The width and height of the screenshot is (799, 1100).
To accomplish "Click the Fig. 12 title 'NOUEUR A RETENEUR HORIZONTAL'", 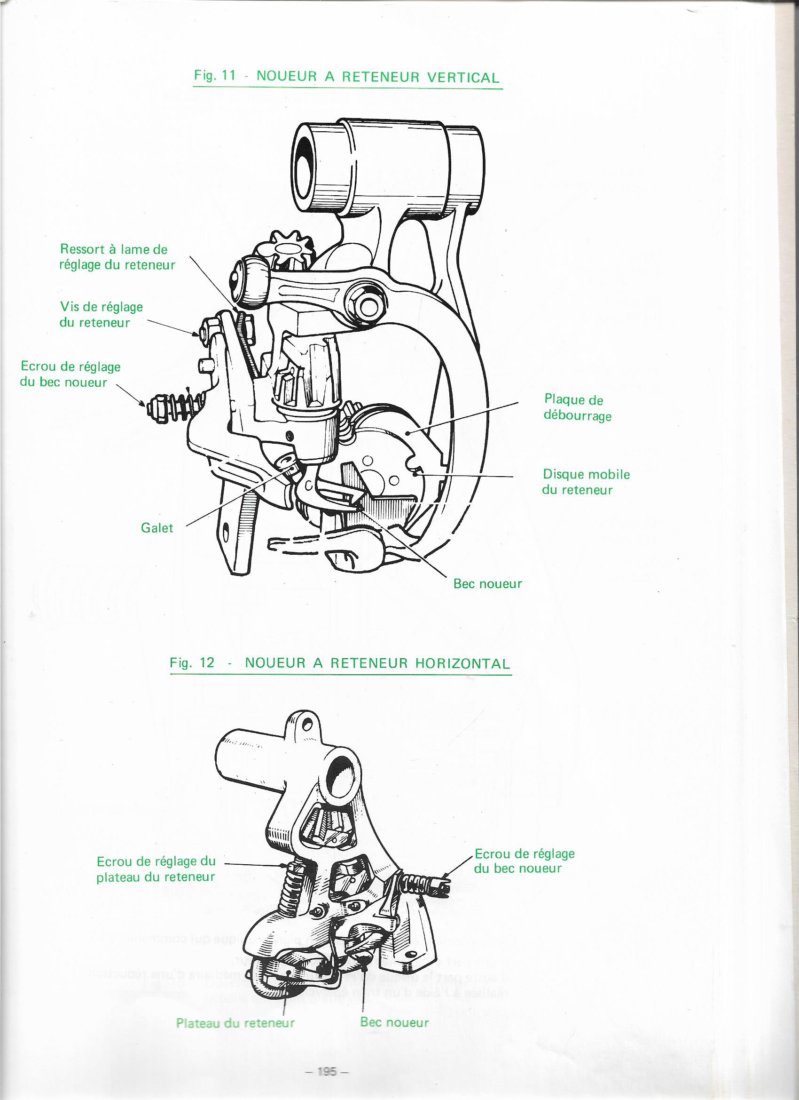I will tap(340, 663).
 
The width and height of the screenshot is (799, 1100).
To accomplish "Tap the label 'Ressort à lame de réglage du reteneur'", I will tap(117, 257).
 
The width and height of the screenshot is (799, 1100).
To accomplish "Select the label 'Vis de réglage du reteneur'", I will tap(101, 314).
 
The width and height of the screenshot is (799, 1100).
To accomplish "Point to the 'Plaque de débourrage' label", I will tap(577, 408).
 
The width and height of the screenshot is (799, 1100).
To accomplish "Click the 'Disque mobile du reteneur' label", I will tap(586, 482).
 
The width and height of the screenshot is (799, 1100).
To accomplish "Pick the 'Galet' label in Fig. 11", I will tap(157, 528).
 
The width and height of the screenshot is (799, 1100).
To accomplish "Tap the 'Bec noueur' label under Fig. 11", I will tap(487, 583).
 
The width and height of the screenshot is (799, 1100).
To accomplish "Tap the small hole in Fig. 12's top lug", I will tap(306, 725).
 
